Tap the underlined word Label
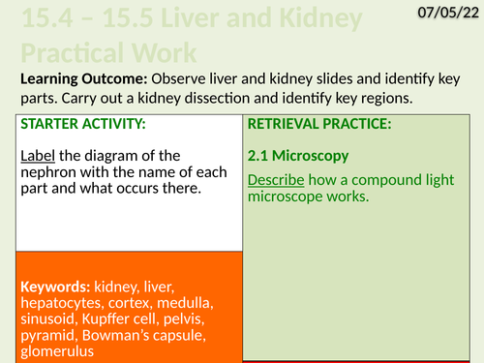[38, 155]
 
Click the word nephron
[49, 171]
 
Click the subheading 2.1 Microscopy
[299, 155]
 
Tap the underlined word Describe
[278, 180]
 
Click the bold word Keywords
[54, 287]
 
